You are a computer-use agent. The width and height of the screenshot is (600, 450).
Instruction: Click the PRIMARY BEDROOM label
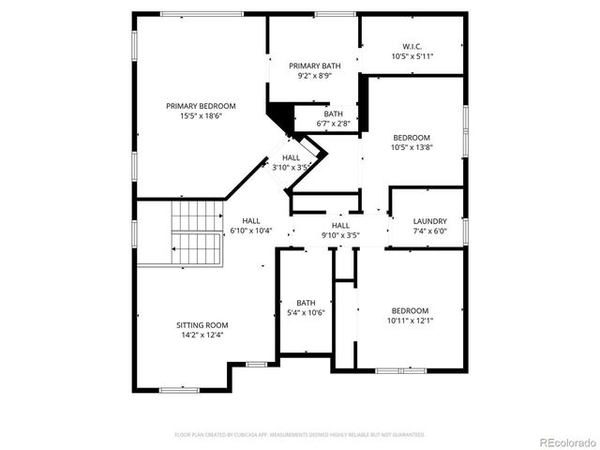(201, 106)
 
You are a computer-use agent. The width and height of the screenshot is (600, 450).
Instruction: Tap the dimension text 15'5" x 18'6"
(201, 117)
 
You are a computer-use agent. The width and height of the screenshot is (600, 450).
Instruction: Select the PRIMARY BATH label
(315, 66)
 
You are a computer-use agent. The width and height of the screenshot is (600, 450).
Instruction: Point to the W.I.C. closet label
(412, 46)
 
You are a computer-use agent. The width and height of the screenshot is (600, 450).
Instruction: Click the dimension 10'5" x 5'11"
(412, 56)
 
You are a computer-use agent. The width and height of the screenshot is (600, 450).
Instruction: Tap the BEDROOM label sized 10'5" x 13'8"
(412, 136)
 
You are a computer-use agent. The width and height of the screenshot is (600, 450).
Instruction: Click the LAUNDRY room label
(429, 221)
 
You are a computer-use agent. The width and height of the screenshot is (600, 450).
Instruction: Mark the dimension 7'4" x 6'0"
(429, 232)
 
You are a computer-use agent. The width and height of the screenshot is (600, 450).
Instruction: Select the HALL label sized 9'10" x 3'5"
(340, 226)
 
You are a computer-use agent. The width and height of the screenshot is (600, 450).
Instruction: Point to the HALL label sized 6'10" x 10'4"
(250, 220)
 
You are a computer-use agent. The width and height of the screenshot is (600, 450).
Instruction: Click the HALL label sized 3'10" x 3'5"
(292, 157)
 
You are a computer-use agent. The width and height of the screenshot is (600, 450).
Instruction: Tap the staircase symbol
(197, 232)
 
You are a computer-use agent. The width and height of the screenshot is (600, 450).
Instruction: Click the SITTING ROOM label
(202, 324)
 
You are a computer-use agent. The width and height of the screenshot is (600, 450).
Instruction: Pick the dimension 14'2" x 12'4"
(202, 335)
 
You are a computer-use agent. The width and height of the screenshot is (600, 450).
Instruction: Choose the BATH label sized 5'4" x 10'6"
(307, 302)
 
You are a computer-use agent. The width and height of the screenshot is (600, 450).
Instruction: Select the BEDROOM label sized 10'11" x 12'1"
(410, 310)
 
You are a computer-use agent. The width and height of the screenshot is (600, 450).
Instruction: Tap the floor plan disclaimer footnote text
(300, 435)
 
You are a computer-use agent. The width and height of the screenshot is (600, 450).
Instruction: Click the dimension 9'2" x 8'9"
(315, 76)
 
